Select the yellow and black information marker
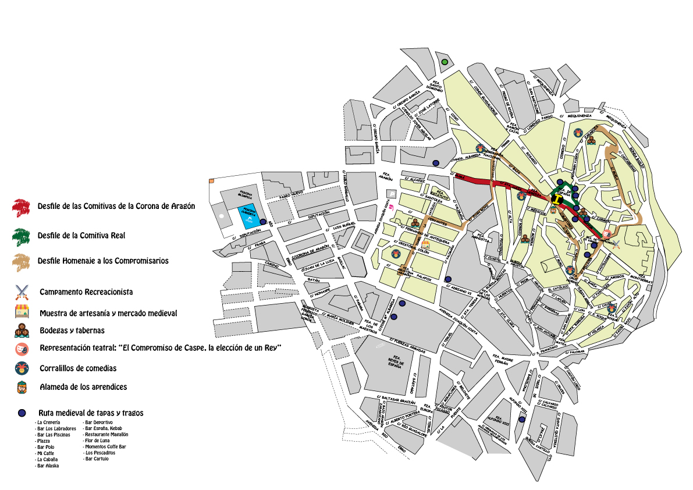click(x=558, y=200)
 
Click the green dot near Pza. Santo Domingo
click(x=445, y=62)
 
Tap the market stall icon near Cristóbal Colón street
click(x=427, y=244)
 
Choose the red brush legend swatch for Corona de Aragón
click(x=22, y=206)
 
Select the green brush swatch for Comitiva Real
click(x=22, y=236)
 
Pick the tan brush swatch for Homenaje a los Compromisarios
click(x=22, y=261)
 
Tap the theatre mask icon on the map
click(x=606, y=234)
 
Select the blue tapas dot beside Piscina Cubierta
click(x=263, y=222)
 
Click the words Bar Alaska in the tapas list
click(x=48, y=466)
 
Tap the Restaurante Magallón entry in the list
click(x=106, y=434)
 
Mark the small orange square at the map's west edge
click(x=211, y=181)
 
